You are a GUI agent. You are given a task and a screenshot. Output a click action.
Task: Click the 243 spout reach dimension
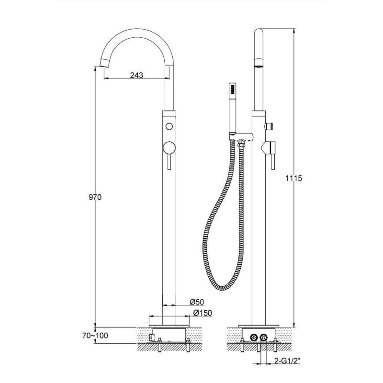tap(136, 75)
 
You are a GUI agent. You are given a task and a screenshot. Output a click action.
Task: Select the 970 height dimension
tap(95, 197)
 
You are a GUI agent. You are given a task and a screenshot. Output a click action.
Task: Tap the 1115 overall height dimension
tap(294, 178)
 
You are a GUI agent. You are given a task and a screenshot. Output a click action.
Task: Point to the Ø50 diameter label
tap(197, 302)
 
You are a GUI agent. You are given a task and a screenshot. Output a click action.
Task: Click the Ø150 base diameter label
tap(203, 313)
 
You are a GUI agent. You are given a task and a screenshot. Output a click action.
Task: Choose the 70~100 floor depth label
tap(95, 336)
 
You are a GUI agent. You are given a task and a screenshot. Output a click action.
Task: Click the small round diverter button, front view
tap(169, 126)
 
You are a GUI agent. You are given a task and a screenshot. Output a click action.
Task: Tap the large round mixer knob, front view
tap(169, 148)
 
